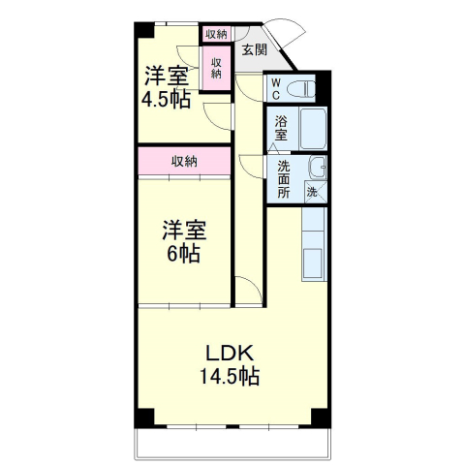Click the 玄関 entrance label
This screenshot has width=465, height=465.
pos(254,50)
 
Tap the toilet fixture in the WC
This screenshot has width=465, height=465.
pos(301,89)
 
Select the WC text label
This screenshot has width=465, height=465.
pos(275,89)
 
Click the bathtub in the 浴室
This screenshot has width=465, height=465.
pos(313,129)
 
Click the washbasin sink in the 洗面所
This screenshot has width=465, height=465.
pos(316,169)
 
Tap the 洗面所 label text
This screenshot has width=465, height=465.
pos(283,179)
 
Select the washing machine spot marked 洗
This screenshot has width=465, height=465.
pos(312,192)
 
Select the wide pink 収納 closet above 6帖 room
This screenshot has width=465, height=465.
pos(183,162)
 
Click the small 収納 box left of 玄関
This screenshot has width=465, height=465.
pos(215,33)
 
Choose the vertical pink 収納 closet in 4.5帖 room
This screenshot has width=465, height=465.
pos(216,68)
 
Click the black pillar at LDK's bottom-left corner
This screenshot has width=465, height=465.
pos(143,418)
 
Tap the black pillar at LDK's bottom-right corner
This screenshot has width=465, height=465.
pos(321,418)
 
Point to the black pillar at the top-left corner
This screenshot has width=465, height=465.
pos(143,28)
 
